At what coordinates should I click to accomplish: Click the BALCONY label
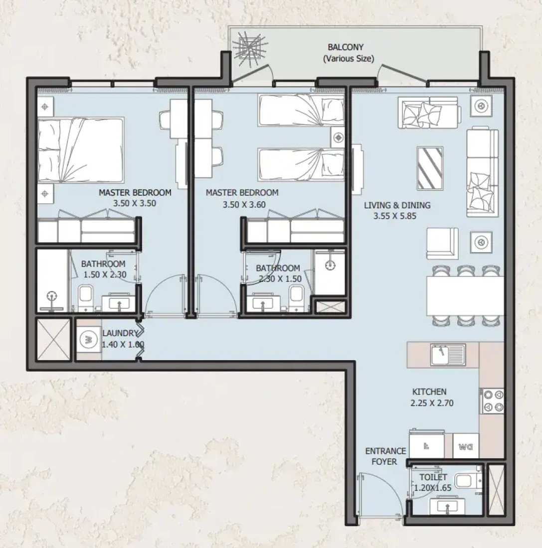tap(346, 47)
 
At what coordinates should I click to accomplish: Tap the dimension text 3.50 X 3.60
tap(244, 204)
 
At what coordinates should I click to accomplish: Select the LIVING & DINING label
tap(397, 205)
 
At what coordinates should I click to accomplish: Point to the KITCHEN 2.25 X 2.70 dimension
tap(432, 403)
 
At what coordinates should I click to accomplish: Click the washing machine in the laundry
tap(88, 339)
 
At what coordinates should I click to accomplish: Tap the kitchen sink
tap(448, 354)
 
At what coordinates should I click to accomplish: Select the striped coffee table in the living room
tap(430, 168)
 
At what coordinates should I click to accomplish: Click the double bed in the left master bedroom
tap(81, 150)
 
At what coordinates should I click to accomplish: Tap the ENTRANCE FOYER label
tap(385, 456)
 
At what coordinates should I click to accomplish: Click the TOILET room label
tap(433, 477)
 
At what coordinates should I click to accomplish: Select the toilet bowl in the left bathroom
tap(85, 298)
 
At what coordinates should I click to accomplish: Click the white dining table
tap(465, 296)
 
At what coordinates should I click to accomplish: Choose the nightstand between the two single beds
tap(338, 137)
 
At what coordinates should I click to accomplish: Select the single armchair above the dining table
tap(442, 244)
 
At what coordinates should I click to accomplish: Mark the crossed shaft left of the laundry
tap(54, 339)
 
